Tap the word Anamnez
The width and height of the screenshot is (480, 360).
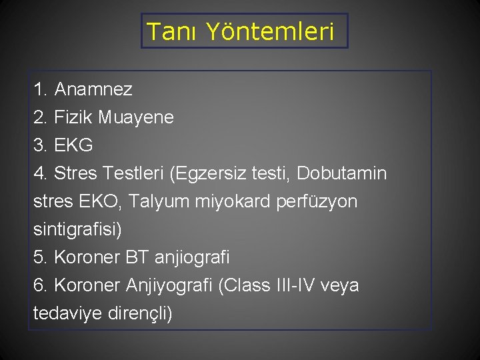click(93, 89)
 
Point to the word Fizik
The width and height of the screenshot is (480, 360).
click(73, 117)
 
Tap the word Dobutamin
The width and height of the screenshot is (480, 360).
click(341, 174)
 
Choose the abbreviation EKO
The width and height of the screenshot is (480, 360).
click(98, 202)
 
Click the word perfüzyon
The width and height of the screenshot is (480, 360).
click(316, 202)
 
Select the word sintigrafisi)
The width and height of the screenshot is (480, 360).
click(77, 230)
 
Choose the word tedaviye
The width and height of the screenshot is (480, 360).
click(67, 313)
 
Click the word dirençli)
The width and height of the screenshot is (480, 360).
click(139, 313)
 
